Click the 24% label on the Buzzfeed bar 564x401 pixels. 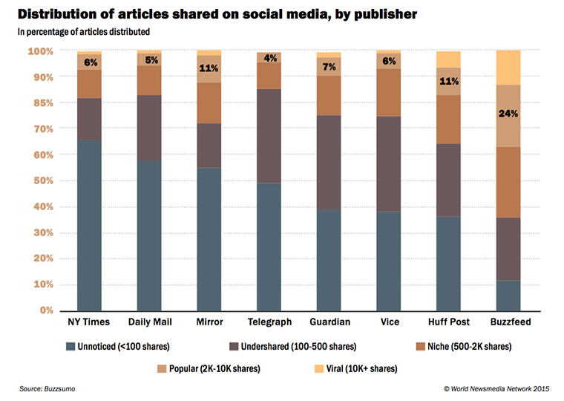[508, 114]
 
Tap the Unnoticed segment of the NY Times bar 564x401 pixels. [89, 225]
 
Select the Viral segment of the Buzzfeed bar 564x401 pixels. [508, 68]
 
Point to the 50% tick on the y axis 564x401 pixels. [44, 180]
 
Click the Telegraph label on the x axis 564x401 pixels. [269, 322]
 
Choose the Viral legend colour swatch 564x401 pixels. [319, 368]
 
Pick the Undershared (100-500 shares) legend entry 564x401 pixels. [293, 347]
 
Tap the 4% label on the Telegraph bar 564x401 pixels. [270, 59]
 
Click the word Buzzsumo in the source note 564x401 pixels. [59, 389]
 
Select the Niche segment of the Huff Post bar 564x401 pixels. [448, 120]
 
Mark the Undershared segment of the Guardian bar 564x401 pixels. [329, 163]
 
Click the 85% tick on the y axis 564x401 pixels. [44, 103]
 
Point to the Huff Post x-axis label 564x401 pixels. [449, 322]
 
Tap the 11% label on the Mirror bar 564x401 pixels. [209, 68]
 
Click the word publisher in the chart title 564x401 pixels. [386, 14]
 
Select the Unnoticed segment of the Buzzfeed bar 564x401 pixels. [508, 296]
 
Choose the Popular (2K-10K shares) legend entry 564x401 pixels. [209, 368]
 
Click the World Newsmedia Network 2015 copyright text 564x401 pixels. [496, 389]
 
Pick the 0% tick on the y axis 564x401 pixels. [47, 310]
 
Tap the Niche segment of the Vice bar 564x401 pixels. [388, 93]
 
